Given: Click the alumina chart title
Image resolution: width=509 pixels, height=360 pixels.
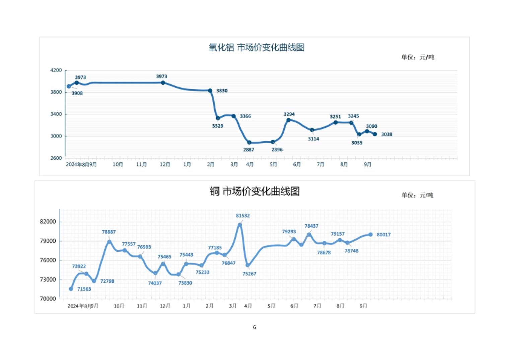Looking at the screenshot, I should [257, 48].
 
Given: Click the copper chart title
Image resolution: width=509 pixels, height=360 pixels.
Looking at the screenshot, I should [254, 191].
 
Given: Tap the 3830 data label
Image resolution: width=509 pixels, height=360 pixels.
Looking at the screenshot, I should [222, 91].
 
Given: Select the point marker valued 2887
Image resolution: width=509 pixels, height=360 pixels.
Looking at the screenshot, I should [249, 143].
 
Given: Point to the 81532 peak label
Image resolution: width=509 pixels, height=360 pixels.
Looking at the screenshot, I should [243, 216].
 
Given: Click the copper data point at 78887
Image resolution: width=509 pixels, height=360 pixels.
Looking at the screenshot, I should [110, 242].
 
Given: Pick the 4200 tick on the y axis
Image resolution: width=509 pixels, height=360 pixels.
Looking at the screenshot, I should [56, 70].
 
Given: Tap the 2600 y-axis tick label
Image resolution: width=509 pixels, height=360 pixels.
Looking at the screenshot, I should [56, 158].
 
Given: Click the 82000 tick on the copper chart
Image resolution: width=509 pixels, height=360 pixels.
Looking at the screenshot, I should [48, 222].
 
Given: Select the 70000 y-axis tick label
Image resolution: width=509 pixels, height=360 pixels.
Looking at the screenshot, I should [48, 299].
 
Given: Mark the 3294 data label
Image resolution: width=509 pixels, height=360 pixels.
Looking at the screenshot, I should [289, 114].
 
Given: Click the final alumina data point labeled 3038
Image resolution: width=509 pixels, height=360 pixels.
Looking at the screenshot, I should [375, 134].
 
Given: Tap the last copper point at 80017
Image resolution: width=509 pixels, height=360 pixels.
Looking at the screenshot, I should [370, 235].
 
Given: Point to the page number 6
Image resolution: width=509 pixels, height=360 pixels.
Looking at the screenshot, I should [254, 327].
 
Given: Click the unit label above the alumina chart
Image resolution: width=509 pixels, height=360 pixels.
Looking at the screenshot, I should [418, 57].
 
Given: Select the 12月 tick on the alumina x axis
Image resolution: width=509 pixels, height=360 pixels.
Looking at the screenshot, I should [165, 165].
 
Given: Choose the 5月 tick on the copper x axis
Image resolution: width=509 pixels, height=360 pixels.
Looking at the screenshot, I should [271, 306].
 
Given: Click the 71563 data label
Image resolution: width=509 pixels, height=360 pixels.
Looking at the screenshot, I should [84, 289].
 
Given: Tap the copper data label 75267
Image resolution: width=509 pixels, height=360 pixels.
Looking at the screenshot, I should [249, 274].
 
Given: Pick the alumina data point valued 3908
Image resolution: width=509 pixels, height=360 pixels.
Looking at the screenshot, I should [69, 86].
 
